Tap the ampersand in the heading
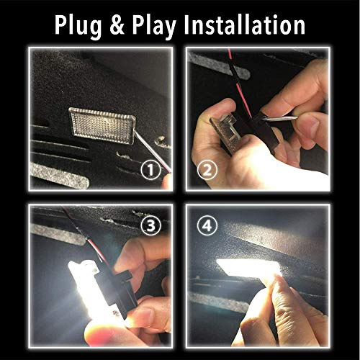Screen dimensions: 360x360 tap(117, 24)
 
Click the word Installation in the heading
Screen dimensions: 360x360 tap(245, 24)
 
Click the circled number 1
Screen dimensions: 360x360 tap(150, 170)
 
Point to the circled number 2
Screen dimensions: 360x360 tap(207, 170)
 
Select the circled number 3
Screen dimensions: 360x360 tap(150, 226)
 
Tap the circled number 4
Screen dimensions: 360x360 tap(207, 226)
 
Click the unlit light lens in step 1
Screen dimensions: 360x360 tap(102, 126)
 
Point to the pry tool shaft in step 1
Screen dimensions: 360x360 tap(153, 151)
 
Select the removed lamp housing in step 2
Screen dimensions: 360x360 tap(228, 132)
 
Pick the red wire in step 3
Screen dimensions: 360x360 tap(96, 250)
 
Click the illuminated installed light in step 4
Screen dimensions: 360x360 tap(249, 267)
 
